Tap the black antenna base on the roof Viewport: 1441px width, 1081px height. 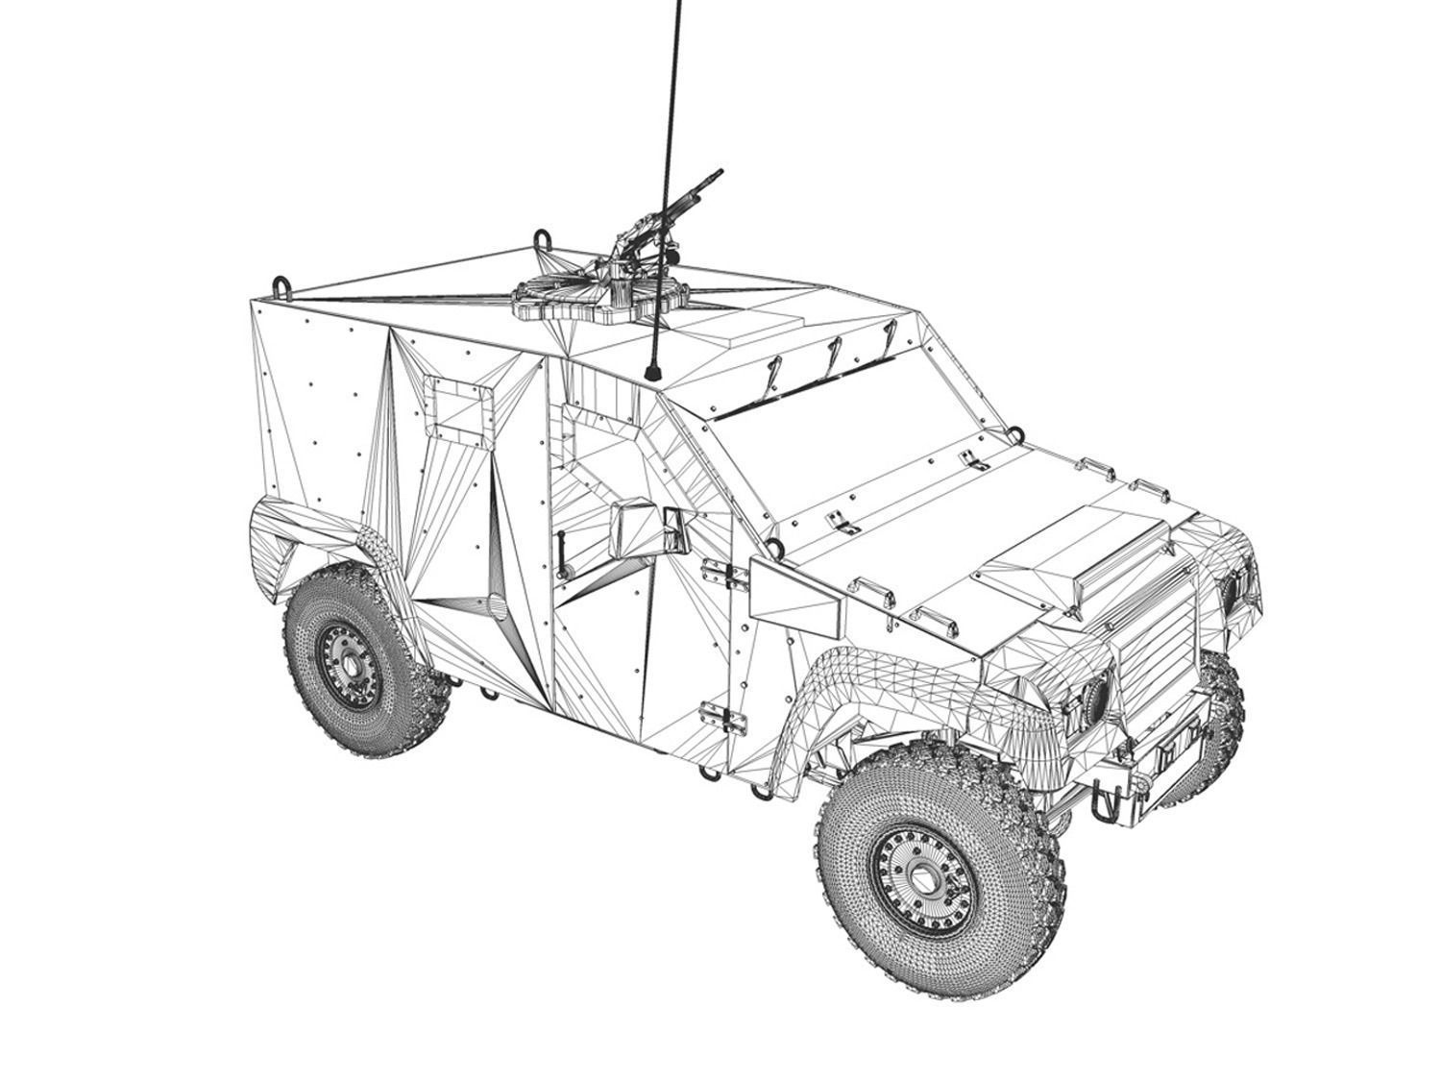tap(653, 369)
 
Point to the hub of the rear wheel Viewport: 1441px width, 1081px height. tap(348, 664)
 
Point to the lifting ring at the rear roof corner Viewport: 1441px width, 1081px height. tap(282, 285)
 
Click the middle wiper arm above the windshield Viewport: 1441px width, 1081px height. tap(828, 356)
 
